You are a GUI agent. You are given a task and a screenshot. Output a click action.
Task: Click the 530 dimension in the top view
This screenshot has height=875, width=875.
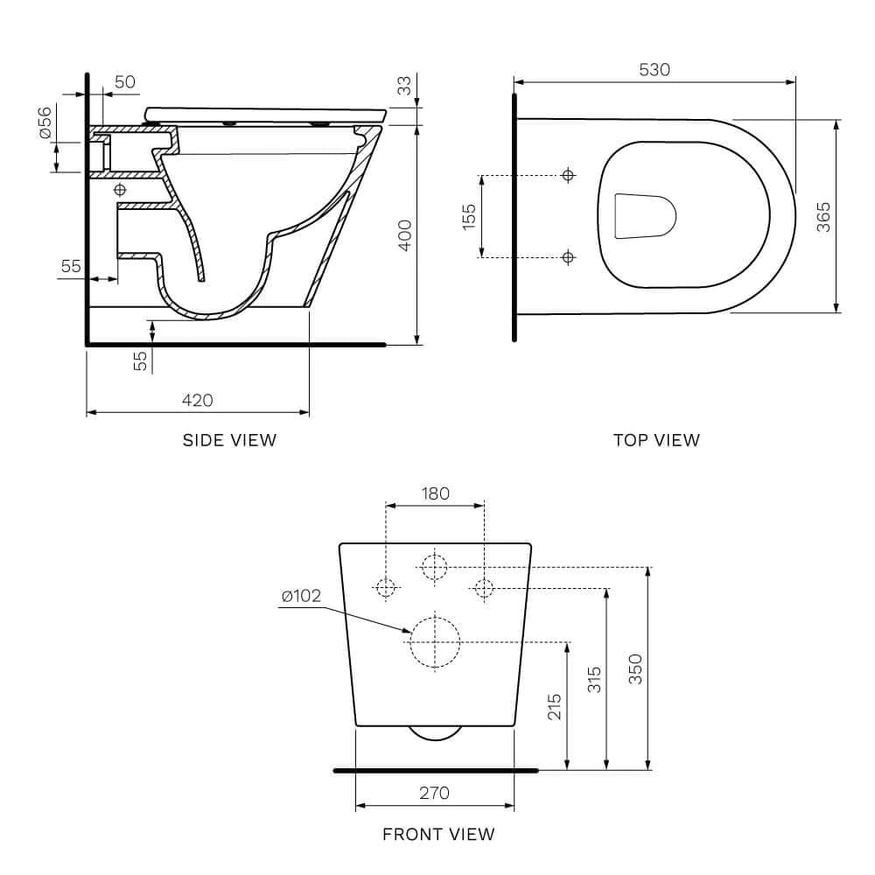pyautogui.click(x=654, y=69)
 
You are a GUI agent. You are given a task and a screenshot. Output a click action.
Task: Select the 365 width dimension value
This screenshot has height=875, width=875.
pyautogui.click(x=823, y=217)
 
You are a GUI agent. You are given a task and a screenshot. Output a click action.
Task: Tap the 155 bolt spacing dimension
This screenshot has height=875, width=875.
pyautogui.click(x=468, y=216)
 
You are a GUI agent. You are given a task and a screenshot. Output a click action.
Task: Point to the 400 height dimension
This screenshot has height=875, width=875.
pyautogui.click(x=404, y=235)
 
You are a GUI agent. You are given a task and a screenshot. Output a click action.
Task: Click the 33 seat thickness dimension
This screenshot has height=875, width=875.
pyautogui.click(x=403, y=86)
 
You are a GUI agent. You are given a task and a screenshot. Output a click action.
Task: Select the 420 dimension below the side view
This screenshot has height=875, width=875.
pyautogui.click(x=197, y=400)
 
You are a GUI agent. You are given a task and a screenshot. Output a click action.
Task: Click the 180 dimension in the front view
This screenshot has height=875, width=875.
pyautogui.click(x=435, y=493)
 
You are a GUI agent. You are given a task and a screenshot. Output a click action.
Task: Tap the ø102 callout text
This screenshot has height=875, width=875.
pyautogui.click(x=301, y=597)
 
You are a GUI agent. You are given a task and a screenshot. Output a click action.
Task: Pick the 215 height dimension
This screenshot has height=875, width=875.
pyautogui.click(x=554, y=706)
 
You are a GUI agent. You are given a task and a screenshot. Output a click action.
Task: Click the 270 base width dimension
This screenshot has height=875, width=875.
pyautogui.click(x=434, y=793)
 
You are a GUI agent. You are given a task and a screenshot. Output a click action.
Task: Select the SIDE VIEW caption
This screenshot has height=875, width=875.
pyautogui.click(x=229, y=440)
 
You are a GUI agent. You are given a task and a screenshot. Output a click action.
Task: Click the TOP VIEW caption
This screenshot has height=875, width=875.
pyautogui.click(x=656, y=440)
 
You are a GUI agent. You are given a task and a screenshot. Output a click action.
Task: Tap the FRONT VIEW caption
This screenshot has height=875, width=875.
pyautogui.click(x=438, y=834)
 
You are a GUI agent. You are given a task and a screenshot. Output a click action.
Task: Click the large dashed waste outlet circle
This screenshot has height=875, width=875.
pyautogui.click(x=435, y=642)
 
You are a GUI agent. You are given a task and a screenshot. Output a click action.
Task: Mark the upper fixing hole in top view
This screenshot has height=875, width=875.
pyautogui.click(x=569, y=176)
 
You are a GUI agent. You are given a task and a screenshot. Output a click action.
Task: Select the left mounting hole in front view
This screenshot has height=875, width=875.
pyautogui.click(x=386, y=588)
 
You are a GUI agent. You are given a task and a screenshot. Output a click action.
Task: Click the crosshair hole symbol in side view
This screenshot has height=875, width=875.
pyautogui.click(x=120, y=189)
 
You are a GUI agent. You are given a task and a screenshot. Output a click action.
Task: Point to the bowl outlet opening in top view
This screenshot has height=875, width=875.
pyautogui.click(x=646, y=215)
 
